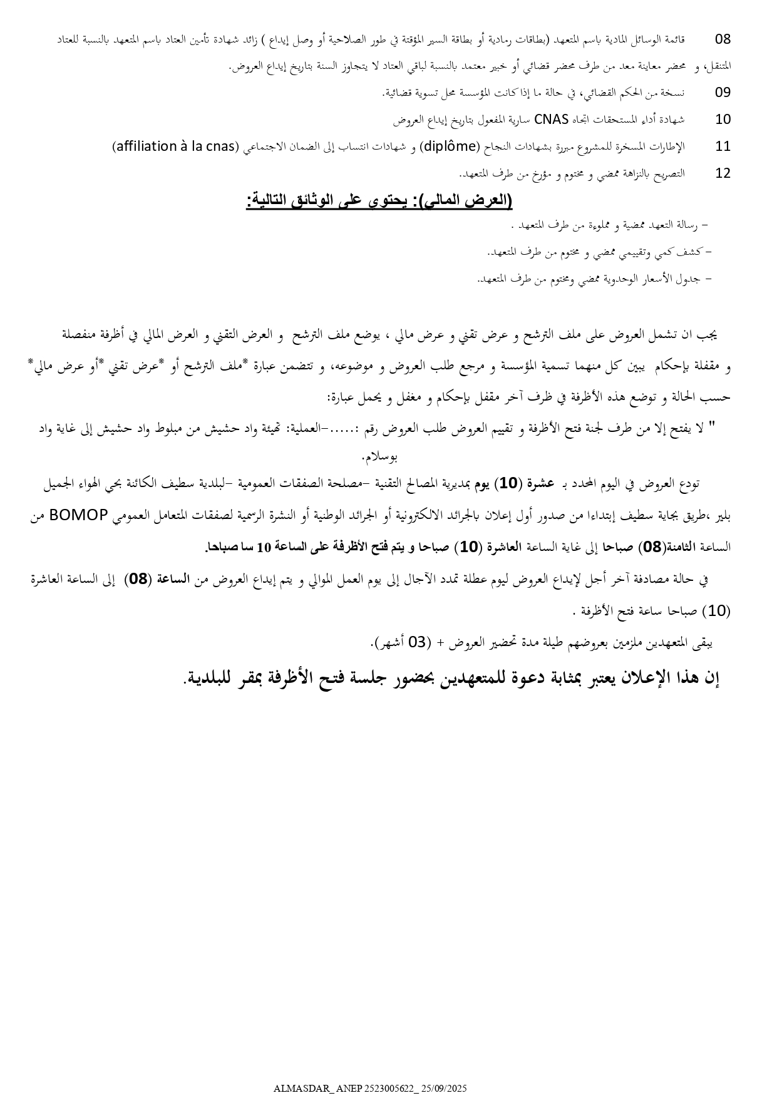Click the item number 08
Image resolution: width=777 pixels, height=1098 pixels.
pos(723,39)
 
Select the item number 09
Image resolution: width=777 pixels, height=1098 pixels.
pos(723,93)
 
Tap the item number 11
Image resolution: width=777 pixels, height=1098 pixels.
pos(723,146)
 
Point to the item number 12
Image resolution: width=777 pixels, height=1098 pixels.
pos(723,173)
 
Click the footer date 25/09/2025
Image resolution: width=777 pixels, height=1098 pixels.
pos(445,1088)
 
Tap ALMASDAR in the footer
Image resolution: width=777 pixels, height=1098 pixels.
pos(297,1088)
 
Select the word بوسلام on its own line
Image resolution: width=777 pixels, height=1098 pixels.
pos(379,457)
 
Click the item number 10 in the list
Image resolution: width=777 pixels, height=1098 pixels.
pos(723,120)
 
